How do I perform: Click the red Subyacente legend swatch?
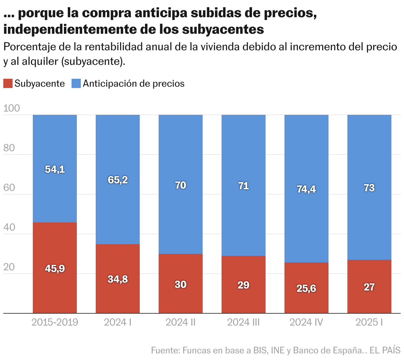coord(8,83)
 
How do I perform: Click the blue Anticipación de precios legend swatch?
coord(76,83)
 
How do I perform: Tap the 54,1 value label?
coord(55,169)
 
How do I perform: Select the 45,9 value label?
coord(55,269)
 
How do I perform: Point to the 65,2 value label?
coord(118,180)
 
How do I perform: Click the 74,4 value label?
coord(306,189)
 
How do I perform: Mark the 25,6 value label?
coord(306,289)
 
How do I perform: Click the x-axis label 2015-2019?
coord(55,322)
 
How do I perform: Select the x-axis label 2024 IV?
coord(306,322)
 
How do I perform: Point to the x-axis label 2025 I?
coord(369,322)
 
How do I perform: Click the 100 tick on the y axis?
coord(12,109)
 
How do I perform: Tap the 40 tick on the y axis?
coord(10,228)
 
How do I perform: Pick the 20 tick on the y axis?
coord(10,267)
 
